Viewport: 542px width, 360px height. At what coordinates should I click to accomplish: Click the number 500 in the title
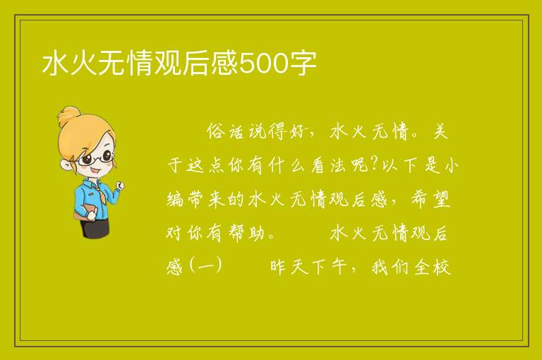(x=264, y=64)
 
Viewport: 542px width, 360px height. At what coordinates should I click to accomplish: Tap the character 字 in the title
(x=303, y=64)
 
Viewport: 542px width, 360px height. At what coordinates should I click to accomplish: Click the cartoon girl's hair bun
(x=69, y=116)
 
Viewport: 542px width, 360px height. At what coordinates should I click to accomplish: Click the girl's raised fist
(x=120, y=186)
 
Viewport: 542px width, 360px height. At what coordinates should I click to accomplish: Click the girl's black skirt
(x=95, y=227)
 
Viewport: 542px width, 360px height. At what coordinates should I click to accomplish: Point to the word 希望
(x=430, y=200)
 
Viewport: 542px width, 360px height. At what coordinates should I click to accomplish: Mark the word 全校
(x=433, y=267)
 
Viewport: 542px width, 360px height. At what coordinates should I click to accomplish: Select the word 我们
(x=391, y=267)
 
